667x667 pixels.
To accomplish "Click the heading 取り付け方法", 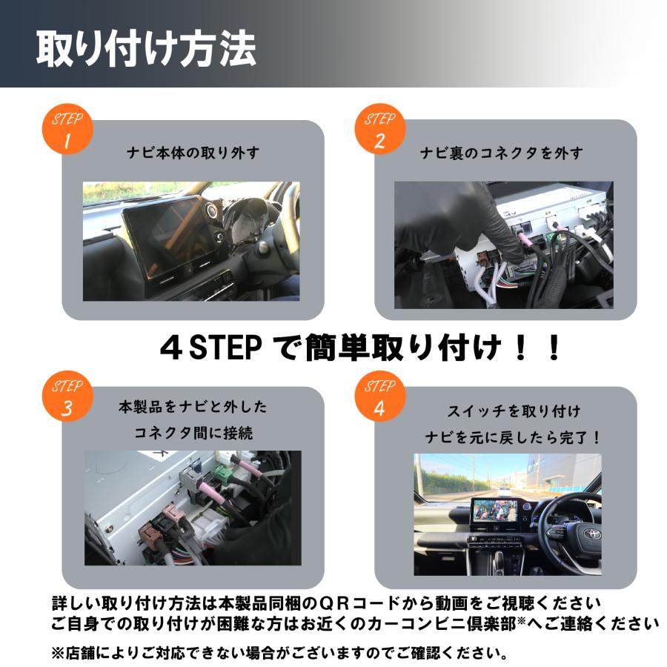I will point(146,48).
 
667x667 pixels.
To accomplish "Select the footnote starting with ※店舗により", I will point(279,653).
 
